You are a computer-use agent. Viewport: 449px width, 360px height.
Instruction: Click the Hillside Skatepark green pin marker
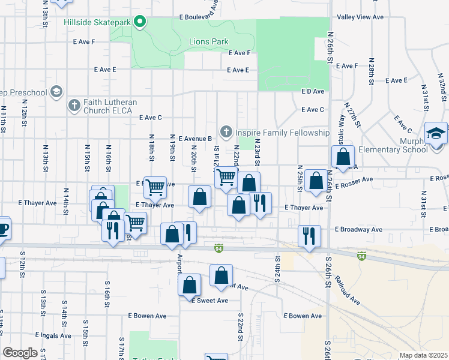pos(140,22)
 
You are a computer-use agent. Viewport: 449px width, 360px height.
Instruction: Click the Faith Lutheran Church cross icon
pos(74,106)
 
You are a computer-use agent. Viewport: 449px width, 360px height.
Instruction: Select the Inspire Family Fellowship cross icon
pos(226,131)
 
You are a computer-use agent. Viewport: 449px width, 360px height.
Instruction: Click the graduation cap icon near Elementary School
pos(436,133)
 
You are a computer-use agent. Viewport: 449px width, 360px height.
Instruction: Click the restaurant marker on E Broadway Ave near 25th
pos(309,235)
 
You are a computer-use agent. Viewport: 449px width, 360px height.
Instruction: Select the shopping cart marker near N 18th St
pos(155,187)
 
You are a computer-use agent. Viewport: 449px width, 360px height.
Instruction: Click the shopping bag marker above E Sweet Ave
pos(221,275)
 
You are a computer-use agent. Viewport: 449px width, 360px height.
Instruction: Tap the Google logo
pos(20,353)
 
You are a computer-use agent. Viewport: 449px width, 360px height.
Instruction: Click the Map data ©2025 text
pos(423,355)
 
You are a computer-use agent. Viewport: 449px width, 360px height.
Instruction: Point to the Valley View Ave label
pos(360,17)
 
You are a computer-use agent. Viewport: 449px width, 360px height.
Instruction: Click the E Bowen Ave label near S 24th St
pos(303,316)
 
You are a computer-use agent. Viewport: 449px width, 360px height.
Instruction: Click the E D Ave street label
pos(312,91)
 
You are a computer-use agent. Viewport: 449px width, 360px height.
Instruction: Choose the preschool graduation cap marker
pos(56,92)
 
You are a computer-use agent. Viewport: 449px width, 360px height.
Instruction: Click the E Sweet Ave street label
pos(209,301)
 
